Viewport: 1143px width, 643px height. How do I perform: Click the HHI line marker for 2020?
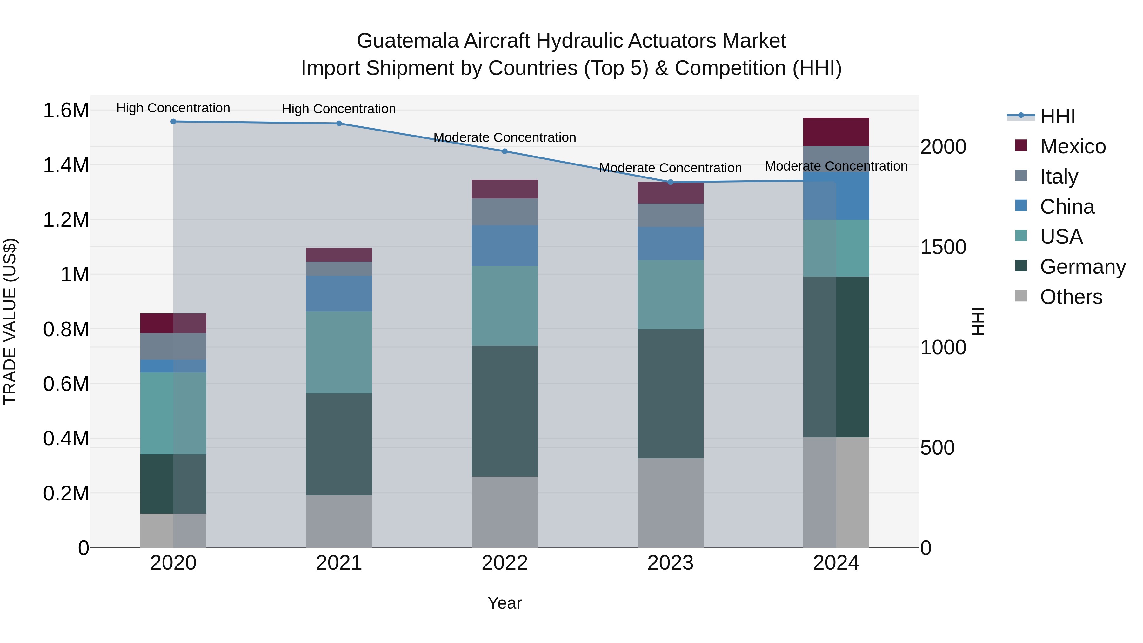tap(173, 122)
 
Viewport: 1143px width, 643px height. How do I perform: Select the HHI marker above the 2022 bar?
tap(505, 151)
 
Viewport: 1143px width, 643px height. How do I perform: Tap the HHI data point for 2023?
tap(671, 182)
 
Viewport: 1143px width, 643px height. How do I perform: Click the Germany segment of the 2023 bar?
tap(671, 394)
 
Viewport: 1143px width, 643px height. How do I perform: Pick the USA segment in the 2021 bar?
tap(339, 352)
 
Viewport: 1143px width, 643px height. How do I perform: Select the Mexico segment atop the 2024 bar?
tap(836, 132)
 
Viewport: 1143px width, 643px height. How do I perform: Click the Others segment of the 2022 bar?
tap(505, 512)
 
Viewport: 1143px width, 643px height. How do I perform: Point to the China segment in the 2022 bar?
tap(505, 246)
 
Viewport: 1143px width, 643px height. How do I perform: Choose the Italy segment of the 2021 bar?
tap(339, 268)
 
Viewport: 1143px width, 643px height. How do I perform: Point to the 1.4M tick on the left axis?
tap(66, 165)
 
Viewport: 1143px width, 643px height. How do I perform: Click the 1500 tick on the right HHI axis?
tap(943, 247)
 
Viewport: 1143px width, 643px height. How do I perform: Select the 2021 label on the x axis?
tap(339, 563)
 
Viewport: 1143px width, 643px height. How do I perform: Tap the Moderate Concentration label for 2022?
tap(505, 137)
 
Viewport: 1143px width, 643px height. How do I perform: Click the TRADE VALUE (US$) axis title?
tap(10, 321)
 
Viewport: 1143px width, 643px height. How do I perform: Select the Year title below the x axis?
tap(505, 603)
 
